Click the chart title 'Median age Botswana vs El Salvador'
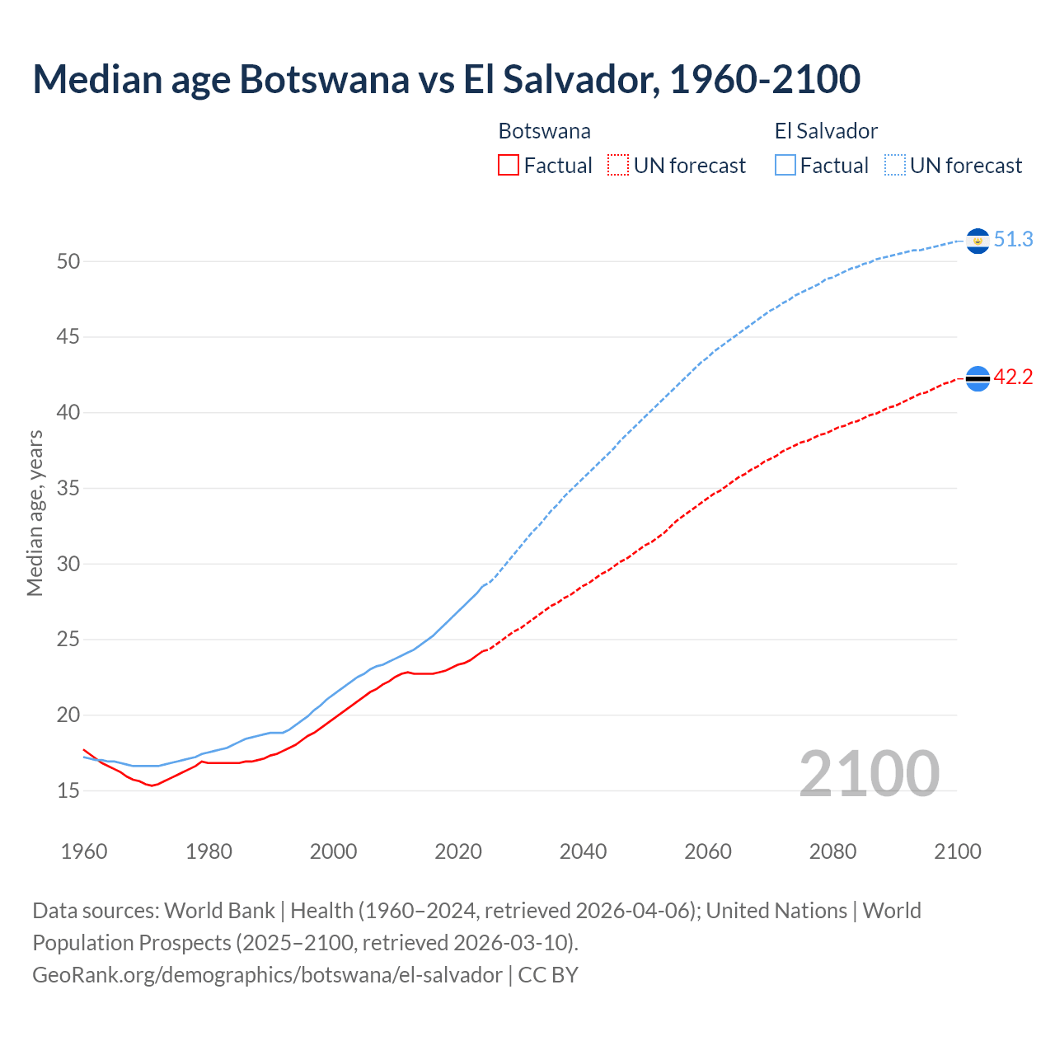pos(446,79)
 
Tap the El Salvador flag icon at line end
pos(978,240)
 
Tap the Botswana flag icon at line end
pos(978,378)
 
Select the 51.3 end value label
pos(1013,240)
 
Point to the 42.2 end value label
pos(1013,377)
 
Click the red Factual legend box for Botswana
pos(509,166)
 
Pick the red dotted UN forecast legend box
pos(618,166)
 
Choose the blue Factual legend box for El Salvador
pos(785,166)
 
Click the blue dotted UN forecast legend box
pos(895,166)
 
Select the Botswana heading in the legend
pos(544,131)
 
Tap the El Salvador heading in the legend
pos(826,131)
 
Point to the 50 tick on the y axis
pos(68,262)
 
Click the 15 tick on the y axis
pos(68,791)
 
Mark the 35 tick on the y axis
pos(68,489)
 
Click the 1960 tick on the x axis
pos(84,851)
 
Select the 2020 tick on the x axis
pos(458,851)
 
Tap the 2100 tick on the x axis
pos(957,851)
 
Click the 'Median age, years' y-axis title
pos(35,513)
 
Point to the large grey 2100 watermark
pos(869,773)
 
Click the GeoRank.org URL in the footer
pos(267,975)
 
